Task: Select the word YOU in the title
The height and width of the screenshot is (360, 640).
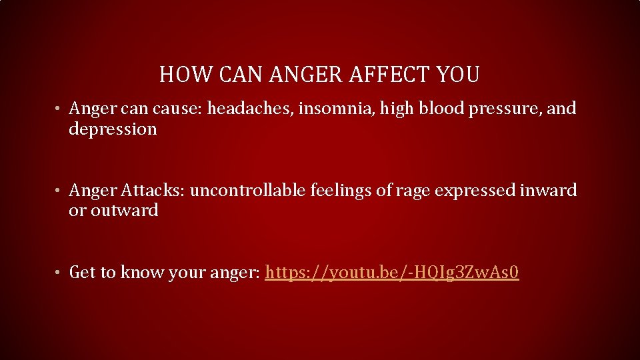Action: [459, 75]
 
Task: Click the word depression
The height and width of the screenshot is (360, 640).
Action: [113, 129]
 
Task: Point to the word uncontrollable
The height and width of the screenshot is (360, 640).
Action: [248, 191]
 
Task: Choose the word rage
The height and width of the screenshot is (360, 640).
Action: [413, 191]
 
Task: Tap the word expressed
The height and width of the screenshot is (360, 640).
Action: [476, 191]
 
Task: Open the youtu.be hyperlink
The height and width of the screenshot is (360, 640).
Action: [391, 273]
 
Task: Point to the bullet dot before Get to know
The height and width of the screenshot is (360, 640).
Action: [59, 273]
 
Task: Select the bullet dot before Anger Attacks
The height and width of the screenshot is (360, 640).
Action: [59, 191]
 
